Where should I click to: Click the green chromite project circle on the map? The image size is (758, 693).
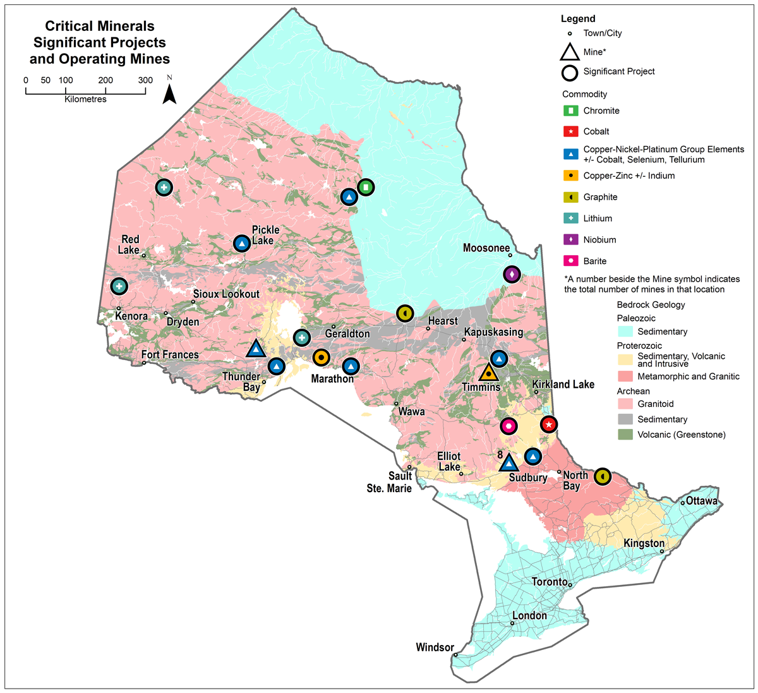pos(366,187)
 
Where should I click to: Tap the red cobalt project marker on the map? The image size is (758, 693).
pos(549,425)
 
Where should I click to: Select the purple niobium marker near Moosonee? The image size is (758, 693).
pos(512,275)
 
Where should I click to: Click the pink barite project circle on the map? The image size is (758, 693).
pos(508,426)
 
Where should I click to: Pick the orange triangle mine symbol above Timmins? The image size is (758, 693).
pos(488,373)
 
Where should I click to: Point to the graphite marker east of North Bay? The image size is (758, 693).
pos(603,477)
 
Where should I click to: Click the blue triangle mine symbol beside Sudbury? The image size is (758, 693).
pos(508,463)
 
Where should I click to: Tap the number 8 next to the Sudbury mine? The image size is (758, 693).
pos(500,454)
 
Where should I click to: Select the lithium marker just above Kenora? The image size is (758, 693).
pos(119,286)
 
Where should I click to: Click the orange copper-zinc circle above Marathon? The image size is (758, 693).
pos(321,358)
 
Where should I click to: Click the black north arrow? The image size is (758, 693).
pos(169,94)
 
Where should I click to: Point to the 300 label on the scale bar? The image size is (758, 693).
pos(145,80)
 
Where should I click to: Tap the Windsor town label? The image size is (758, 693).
pos(435,648)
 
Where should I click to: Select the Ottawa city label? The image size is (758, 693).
pos(701,501)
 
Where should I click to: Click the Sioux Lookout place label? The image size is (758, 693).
pos(226,294)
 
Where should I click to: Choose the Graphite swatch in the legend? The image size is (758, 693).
pos(570,197)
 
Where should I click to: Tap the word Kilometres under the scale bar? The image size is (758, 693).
pos(85,99)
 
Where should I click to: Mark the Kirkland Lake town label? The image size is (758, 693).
pos(563,384)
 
